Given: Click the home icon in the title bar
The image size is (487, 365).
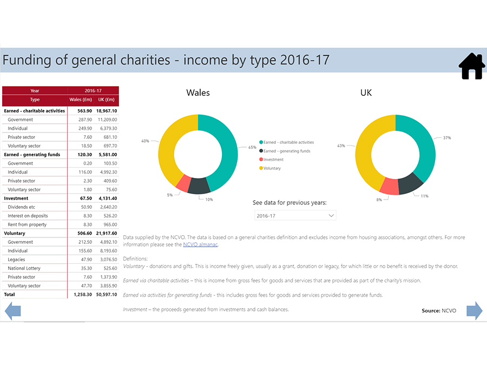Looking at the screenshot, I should (471, 66).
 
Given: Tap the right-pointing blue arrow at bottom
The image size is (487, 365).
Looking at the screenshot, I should (474, 311).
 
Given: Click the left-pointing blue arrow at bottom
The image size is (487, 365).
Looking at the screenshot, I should (12, 311).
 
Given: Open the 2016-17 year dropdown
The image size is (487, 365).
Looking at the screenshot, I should (295, 215).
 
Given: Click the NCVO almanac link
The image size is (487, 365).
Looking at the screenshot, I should (200, 244).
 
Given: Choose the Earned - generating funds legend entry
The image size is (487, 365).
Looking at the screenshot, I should (287, 151).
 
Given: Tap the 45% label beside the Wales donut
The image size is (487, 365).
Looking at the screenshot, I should (252, 147).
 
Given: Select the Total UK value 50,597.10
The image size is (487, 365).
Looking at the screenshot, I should (107, 295).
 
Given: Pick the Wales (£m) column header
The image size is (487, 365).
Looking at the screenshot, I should (81, 99).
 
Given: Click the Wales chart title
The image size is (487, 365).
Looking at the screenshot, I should (198, 92).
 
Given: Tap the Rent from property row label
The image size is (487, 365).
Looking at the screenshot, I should (27, 224).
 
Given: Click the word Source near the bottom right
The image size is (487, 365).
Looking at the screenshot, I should (431, 311).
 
